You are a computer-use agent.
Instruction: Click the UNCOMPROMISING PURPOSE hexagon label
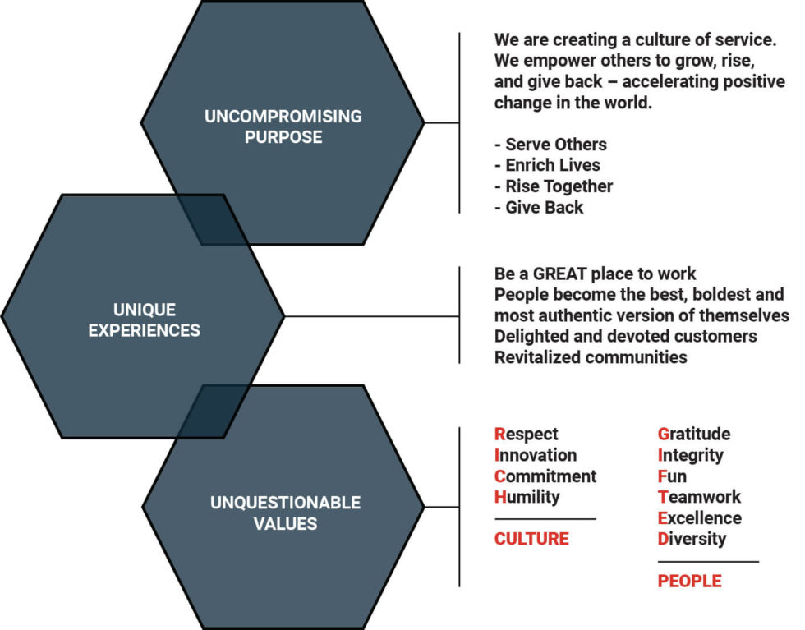click(283, 126)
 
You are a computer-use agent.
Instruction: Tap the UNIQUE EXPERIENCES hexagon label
click(145, 320)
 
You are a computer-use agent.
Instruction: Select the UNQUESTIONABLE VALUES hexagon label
click(285, 512)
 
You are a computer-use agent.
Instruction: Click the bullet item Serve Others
click(551, 145)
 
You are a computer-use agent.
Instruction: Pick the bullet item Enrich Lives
click(547, 165)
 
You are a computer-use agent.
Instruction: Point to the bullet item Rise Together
click(554, 186)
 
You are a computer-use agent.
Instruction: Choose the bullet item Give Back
click(540, 207)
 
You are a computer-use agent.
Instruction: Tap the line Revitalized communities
click(591, 357)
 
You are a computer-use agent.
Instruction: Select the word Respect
click(526, 434)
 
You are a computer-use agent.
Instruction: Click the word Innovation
click(536, 455)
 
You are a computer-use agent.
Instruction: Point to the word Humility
click(527, 497)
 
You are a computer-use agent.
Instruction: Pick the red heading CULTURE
click(531, 539)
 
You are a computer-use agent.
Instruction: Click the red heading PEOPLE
click(689, 581)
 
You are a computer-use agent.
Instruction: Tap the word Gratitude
click(693, 434)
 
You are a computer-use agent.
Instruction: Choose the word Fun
click(672, 476)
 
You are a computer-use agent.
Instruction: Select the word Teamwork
click(699, 497)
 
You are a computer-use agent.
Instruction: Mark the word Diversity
click(692, 539)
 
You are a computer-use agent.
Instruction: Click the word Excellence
click(699, 517)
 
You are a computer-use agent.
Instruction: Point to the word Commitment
click(545, 476)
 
